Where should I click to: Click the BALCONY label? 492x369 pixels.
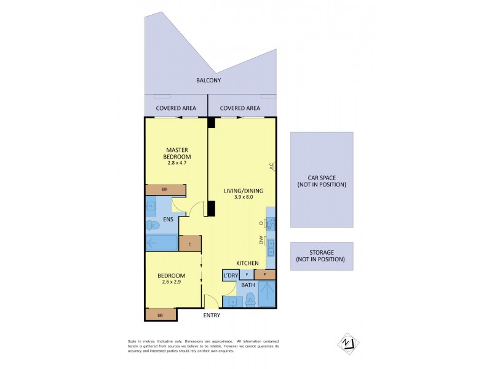tap(208, 81)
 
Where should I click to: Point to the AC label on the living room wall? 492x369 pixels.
tap(271, 166)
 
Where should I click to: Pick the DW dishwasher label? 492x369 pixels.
tap(261, 242)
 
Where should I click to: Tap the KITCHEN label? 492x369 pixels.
tap(248, 263)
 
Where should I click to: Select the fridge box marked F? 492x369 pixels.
tap(247, 274)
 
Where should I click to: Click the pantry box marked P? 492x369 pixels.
tap(264, 274)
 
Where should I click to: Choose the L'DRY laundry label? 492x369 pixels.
tap(230, 275)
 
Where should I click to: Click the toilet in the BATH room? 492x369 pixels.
tap(250, 300)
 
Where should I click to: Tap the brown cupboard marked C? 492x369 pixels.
tap(190, 244)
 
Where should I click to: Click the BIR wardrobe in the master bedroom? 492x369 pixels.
tap(165, 190)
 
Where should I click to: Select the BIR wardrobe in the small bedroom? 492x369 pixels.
tap(160, 314)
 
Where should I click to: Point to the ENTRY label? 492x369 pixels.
tap(211, 315)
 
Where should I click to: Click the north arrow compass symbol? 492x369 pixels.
tap(347, 342)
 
